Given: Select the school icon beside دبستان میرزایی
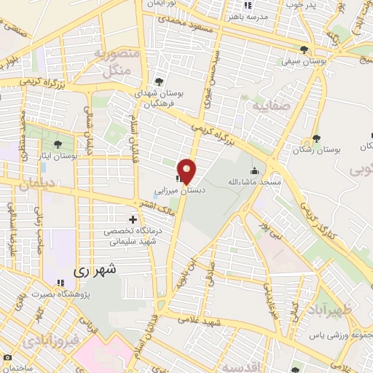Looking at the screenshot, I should pos(178,178).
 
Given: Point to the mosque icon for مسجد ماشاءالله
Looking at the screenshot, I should pos(253,172).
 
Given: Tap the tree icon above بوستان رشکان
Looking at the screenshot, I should pos(315,138).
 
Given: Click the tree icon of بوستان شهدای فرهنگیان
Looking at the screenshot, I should pos(160,81).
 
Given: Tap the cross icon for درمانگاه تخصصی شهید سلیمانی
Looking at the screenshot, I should pos(133,219).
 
